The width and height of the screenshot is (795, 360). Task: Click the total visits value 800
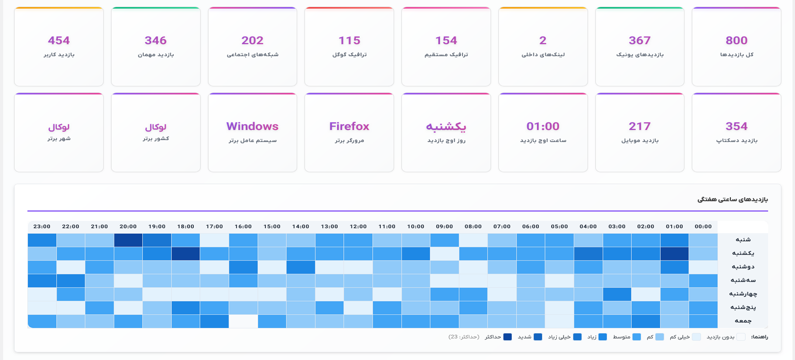point(736,41)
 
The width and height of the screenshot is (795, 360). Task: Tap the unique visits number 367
point(639,41)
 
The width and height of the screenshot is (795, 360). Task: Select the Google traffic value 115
point(349,41)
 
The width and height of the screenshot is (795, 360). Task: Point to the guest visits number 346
point(155,41)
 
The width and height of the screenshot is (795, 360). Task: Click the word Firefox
point(349,127)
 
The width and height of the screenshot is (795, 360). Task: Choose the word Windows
point(252,127)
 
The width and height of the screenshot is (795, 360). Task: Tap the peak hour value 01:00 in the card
point(543,127)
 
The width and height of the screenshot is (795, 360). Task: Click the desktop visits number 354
point(736,127)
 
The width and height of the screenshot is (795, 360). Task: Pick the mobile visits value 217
point(639,127)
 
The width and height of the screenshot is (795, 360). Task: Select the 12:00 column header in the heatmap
point(358,226)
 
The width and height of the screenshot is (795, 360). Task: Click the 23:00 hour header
point(42,226)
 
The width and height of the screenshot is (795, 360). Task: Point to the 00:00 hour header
point(703,226)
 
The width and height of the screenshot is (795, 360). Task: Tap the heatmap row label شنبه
point(743,240)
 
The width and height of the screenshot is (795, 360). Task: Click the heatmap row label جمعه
point(743,321)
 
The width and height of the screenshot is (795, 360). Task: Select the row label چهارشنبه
point(743,294)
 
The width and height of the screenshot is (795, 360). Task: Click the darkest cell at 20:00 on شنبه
point(128,240)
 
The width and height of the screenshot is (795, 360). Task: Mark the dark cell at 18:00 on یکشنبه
point(185,254)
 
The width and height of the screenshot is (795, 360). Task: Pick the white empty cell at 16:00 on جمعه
point(243,321)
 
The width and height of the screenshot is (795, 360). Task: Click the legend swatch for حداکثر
point(507,337)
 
